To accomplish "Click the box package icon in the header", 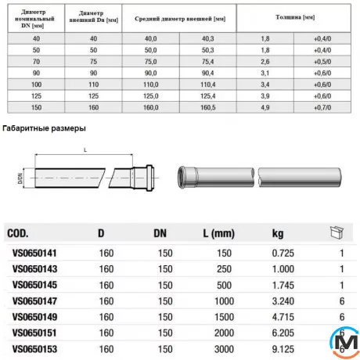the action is click(x=338, y=232).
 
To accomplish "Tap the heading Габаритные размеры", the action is click(x=45, y=128).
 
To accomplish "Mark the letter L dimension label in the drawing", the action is click(x=84, y=150).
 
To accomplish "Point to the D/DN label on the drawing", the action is click(x=21, y=177).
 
